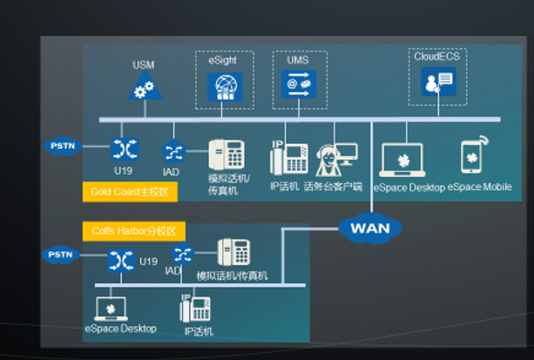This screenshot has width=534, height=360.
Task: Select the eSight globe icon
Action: tap(223, 85)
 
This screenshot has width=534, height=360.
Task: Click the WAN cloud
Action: tap(369, 228)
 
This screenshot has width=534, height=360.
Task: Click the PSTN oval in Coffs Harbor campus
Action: tap(60, 255)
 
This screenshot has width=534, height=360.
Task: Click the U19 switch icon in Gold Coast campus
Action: tap(122, 148)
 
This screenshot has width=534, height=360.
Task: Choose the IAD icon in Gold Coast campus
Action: tap(172, 152)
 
